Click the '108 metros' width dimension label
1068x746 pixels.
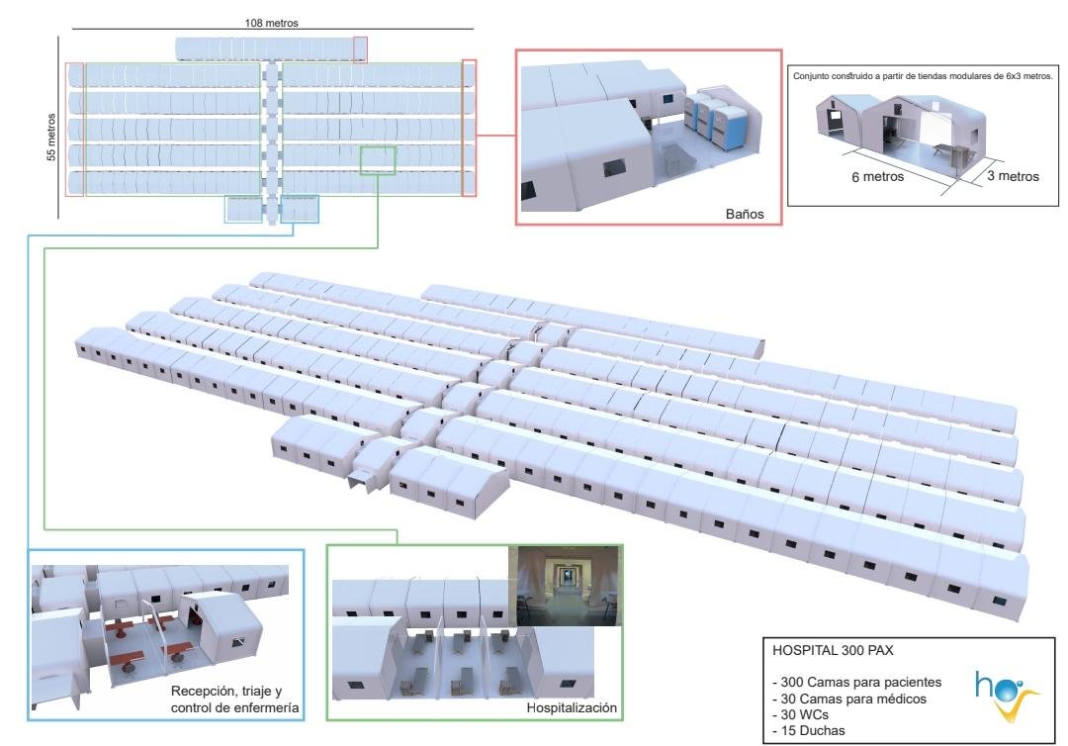pos(271,23)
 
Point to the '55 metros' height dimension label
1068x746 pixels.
pos(51,137)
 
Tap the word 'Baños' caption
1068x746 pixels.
pos(745,214)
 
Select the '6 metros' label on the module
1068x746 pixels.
pos(877,176)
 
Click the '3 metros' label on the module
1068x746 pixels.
pos(1013,176)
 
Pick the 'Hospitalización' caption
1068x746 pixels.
pos(572,707)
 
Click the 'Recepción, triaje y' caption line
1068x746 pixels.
pos(226,691)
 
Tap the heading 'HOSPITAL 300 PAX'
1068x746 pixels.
pos(833,650)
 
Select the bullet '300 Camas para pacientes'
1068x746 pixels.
pos(856,682)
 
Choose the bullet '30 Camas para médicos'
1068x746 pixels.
pos(849,699)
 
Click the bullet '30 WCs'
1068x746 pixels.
pos(800,714)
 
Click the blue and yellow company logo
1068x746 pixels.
pos(1005,695)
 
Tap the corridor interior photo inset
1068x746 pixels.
pos(568,586)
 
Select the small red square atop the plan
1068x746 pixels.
pos(360,49)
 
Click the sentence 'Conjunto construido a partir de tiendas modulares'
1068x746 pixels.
pos(923,75)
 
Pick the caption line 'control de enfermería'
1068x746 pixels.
pos(234,707)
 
